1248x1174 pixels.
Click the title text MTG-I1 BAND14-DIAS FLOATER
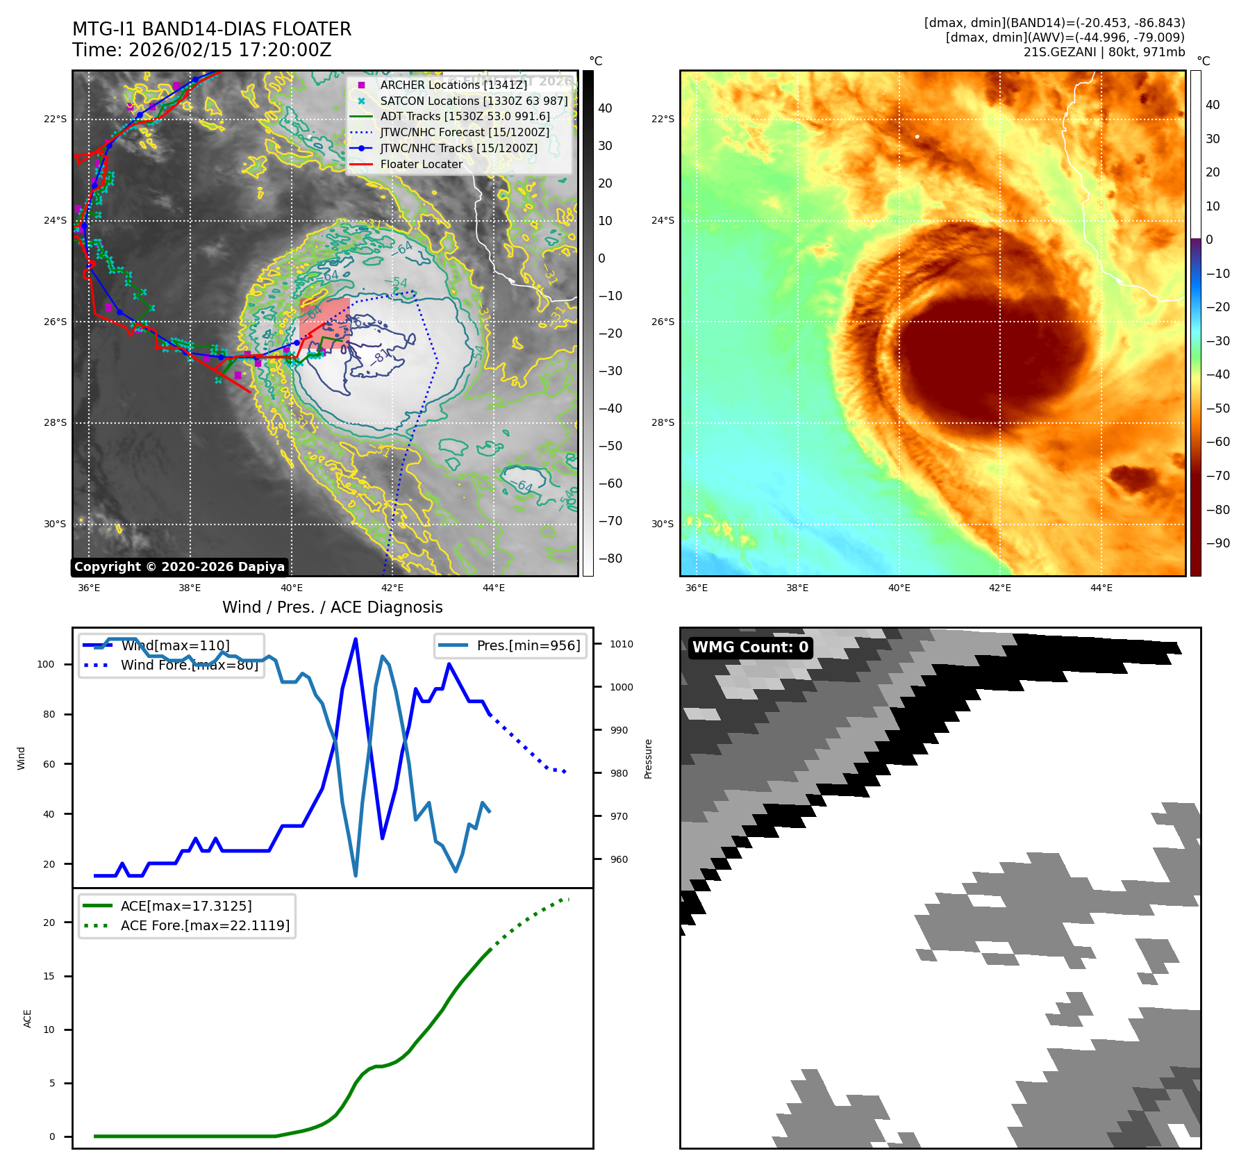click(x=212, y=29)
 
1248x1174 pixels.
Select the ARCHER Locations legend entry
click(x=453, y=85)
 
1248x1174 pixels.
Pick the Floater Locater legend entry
click(x=421, y=164)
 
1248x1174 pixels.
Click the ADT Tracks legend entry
click(x=465, y=117)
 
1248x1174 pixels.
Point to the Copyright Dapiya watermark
click(x=179, y=567)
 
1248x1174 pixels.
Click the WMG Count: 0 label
click(x=750, y=647)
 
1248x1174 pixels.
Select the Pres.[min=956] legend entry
click(x=528, y=645)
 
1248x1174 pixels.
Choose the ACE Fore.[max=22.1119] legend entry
click(x=205, y=925)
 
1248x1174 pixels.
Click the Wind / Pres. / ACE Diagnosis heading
click(x=332, y=607)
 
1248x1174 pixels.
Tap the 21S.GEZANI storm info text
click(x=1104, y=52)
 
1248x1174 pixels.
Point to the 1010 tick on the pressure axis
click(x=622, y=644)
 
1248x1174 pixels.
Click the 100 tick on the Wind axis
click(x=46, y=664)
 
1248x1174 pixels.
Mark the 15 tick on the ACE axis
click(x=49, y=976)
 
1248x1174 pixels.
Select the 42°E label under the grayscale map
click(x=392, y=588)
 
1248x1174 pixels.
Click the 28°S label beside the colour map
click(x=663, y=422)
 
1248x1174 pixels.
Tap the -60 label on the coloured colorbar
click(x=1217, y=442)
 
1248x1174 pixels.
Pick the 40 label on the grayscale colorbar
click(x=605, y=108)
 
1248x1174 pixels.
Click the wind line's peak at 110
click(x=356, y=639)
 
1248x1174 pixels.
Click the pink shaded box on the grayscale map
click(x=322, y=322)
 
